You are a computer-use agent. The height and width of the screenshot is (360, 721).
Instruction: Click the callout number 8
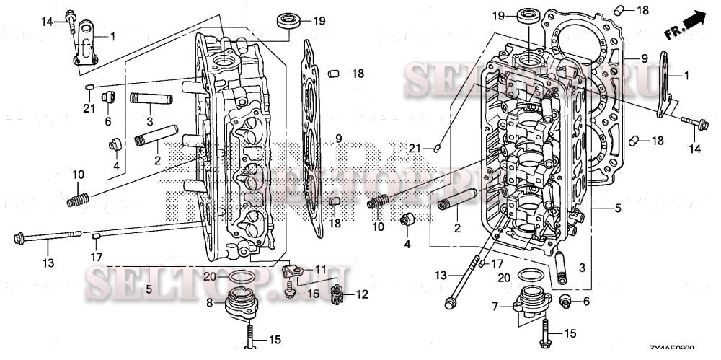210,303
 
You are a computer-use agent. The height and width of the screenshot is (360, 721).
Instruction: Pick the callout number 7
495,307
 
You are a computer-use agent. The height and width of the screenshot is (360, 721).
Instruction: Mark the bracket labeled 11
292,271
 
